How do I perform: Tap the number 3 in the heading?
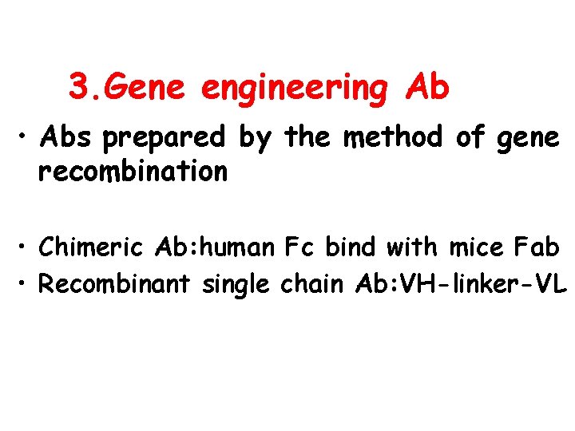pos(77,87)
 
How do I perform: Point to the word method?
pos(392,137)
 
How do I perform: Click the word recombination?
pos(133,171)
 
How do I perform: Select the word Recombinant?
pos(115,283)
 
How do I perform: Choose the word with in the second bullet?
pos(410,248)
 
